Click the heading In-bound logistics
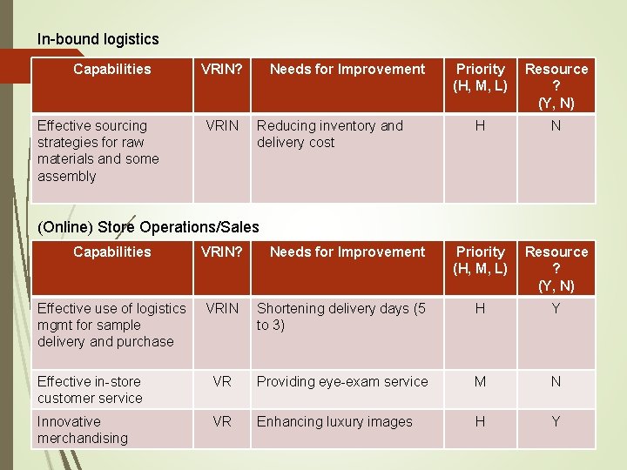click(x=98, y=39)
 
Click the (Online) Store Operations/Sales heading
click(x=148, y=227)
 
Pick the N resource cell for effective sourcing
click(x=556, y=126)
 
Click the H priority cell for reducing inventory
click(x=480, y=126)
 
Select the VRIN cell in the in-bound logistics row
click(x=222, y=126)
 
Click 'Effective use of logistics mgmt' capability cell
click(x=111, y=325)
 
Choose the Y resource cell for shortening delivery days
click(x=556, y=309)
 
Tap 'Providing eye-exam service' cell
click(x=342, y=381)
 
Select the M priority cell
click(x=480, y=381)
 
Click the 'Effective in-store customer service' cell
click(x=90, y=389)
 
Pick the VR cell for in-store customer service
click(x=222, y=381)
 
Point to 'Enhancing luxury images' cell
click(x=334, y=421)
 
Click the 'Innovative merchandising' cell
click(x=82, y=429)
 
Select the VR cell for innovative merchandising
click(x=222, y=421)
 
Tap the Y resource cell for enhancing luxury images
click(x=556, y=421)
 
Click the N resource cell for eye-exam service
click(x=556, y=381)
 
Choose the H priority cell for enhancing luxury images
click(x=480, y=421)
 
